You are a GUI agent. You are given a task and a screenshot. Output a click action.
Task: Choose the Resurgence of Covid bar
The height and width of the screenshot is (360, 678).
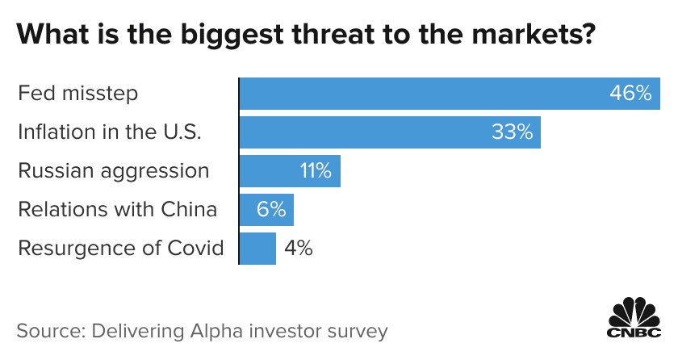[258, 248]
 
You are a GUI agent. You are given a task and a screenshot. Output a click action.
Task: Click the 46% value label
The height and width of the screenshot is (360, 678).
[630, 94]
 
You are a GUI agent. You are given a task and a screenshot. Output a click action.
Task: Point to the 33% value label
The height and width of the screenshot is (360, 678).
[512, 132]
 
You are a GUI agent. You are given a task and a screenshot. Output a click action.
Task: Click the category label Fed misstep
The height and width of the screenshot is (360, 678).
[78, 94]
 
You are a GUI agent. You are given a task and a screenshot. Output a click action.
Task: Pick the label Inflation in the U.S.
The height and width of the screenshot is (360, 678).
[109, 132]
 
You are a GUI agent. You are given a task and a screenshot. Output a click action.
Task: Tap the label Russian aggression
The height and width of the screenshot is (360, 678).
[114, 171]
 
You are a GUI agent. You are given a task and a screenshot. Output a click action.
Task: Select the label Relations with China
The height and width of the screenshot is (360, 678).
[118, 210]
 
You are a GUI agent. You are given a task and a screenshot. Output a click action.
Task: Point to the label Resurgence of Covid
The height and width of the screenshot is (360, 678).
[121, 248]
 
